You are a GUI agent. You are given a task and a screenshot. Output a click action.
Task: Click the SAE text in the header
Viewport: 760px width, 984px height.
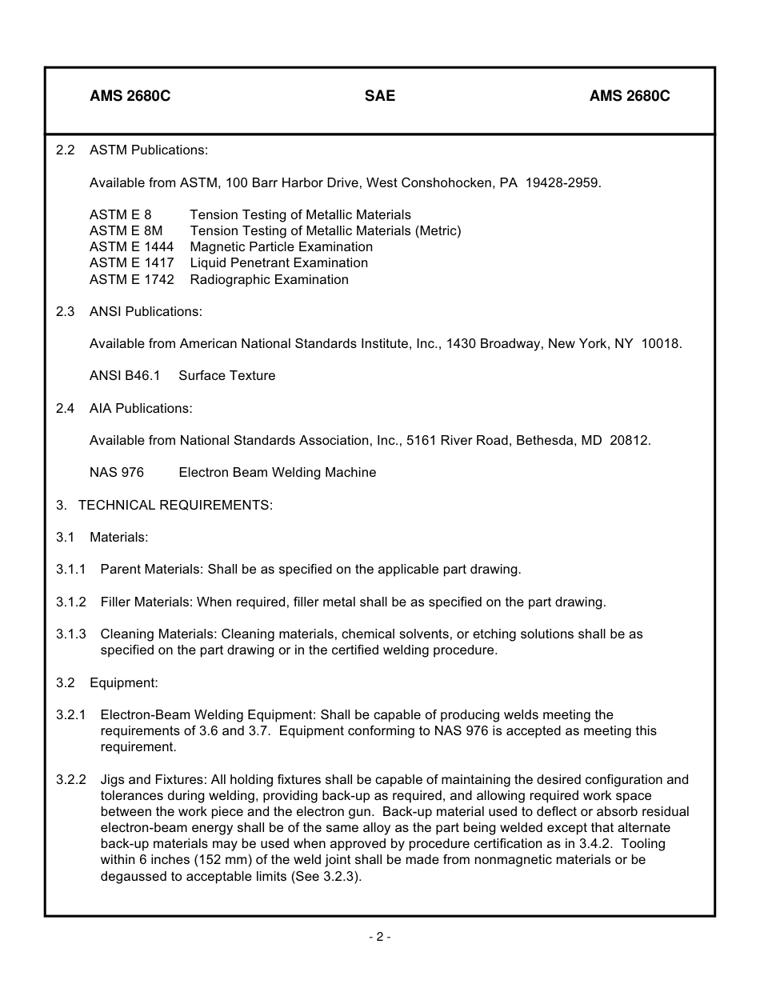[380, 96]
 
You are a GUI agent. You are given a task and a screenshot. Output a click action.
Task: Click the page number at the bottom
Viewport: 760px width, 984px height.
[380, 937]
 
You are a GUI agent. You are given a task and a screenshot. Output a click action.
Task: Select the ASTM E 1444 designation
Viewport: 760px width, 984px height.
[131, 247]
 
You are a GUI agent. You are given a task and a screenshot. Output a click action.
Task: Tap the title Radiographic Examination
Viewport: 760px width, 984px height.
[269, 280]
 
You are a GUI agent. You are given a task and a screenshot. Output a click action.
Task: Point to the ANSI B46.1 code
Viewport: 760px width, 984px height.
[125, 376]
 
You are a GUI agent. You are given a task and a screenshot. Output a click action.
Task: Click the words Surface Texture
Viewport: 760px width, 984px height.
[226, 376]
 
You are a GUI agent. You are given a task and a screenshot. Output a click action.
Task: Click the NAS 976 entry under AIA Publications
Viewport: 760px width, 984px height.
[117, 473]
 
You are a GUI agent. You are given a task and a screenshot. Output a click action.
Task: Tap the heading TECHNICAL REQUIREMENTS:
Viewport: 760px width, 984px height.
[175, 506]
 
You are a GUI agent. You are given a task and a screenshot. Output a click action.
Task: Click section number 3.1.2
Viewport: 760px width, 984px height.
[71, 602]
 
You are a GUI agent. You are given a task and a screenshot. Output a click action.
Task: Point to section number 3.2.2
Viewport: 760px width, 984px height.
[71, 779]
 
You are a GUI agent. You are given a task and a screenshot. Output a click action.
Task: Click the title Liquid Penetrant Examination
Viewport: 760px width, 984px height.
[278, 263]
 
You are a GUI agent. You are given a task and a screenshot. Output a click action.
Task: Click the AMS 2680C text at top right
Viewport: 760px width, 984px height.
[630, 96]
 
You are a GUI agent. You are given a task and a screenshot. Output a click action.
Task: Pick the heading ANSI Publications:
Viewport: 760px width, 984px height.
[146, 312]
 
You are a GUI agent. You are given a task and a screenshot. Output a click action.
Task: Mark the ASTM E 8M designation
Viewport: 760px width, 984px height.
[126, 231]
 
